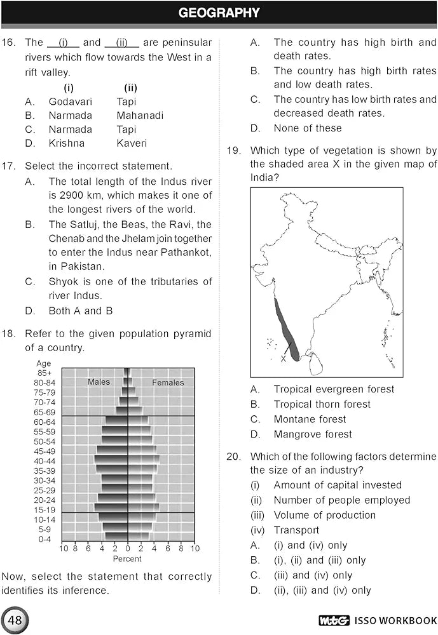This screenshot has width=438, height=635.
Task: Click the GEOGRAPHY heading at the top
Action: [219, 13]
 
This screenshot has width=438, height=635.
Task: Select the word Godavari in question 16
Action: [71, 102]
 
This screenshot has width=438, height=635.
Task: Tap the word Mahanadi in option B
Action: [140, 116]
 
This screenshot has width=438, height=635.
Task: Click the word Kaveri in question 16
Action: [132, 144]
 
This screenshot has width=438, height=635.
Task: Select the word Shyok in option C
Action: [62, 281]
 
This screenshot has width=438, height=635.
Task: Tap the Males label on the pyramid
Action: [99, 382]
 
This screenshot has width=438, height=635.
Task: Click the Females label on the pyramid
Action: [168, 383]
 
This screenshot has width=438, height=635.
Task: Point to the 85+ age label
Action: [44, 373]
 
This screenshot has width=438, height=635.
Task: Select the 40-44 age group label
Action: [44, 461]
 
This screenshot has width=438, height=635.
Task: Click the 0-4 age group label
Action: [44, 539]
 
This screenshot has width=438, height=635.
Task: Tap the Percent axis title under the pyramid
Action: [127, 559]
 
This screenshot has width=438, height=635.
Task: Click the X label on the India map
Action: [283, 359]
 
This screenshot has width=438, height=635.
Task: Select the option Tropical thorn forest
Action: [322, 404]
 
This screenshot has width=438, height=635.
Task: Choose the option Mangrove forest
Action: [313, 435]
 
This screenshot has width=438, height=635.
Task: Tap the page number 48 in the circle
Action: [14, 620]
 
